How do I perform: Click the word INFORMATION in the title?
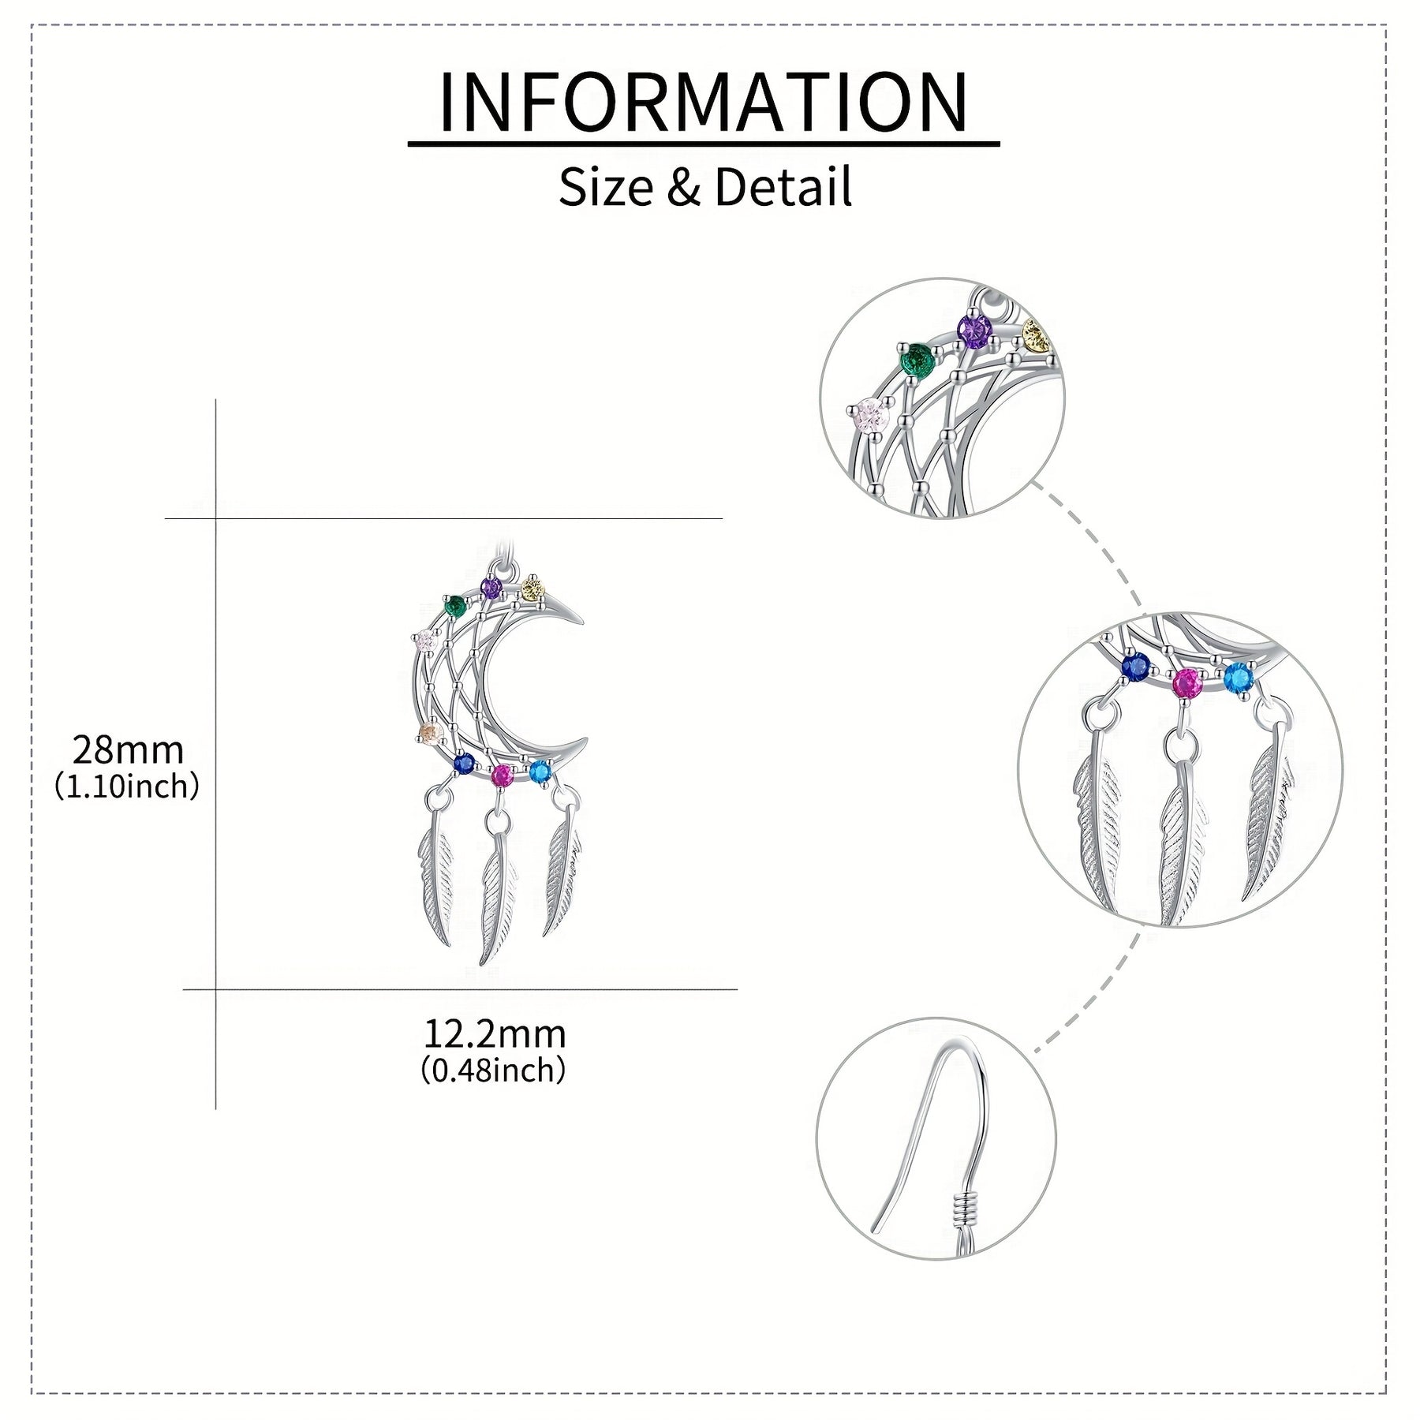click(x=703, y=102)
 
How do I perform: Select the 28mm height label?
click(x=128, y=749)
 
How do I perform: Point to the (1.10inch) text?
click(x=127, y=787)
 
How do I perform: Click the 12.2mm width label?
click(x=495, y=1033)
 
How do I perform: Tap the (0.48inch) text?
click(x=494, y=1071)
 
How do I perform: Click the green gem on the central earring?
click(x=455, y=607)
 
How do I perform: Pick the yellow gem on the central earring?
click(x=533, y=589)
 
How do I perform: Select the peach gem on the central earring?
click(x=431, y=734)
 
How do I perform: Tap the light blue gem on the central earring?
click(x=540, y=772)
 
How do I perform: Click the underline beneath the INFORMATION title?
click(x=704, y=144)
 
